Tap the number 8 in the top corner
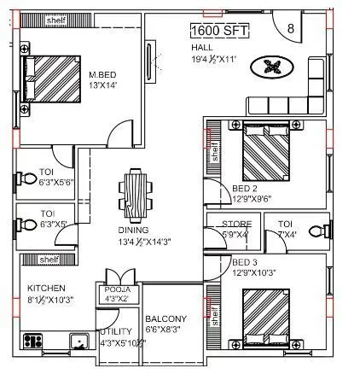tap(291, 29)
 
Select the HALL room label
tap(202, 47)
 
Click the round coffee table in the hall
tap(276, 66)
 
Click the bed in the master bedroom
tap(52, 79)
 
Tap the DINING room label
tap(134, 231)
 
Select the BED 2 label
tap(245, 189)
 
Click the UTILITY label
tap(116, 331)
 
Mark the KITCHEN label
tap(47, 289)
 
